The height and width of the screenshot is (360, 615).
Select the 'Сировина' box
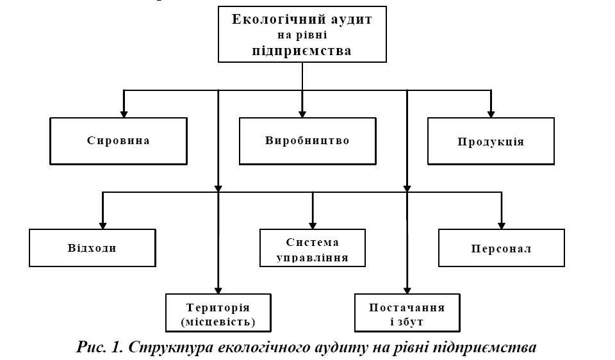[119, 141]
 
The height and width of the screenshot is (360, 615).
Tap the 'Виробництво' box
[307, 140]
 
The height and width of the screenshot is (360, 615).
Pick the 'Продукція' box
[491, 142]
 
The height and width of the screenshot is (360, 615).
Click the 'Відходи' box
[92, 248]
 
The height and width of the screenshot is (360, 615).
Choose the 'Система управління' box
[312, 247]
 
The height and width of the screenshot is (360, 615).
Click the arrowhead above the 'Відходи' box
[102, 224]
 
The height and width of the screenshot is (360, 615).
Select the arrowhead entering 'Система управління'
[313, 224]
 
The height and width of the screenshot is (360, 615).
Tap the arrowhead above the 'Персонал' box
[502, 224]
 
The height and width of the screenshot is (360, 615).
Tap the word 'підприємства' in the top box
[301, 51]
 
